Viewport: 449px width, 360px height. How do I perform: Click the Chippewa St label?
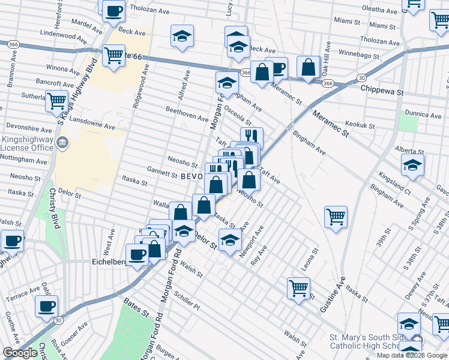383,88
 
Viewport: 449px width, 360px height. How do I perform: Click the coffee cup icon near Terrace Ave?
46,307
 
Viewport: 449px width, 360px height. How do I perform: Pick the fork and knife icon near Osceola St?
252,137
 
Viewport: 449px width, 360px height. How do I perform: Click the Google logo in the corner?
20,353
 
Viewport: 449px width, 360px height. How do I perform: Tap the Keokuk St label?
362,127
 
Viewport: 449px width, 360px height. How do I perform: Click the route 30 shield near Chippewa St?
361,77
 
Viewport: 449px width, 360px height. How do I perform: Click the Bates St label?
136,309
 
